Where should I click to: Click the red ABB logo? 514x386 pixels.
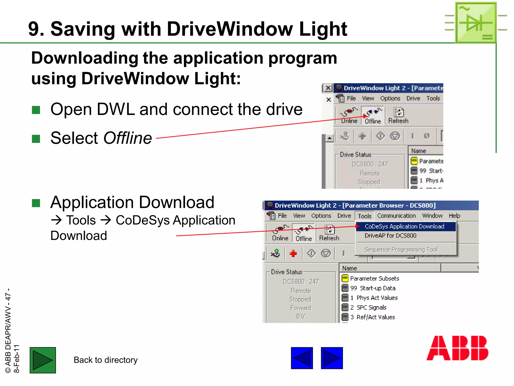pyautogui.click(x=457, y=348)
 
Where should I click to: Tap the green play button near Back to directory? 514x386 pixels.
pyautogui.click(x=43, y=360)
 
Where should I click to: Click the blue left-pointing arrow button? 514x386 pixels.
pyautogui.click(x=302, y=358)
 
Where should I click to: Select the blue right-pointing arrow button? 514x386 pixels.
pyautogui.click(x=332, y=358)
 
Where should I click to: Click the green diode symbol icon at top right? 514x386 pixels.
pyautogui.click(x=476, y=22)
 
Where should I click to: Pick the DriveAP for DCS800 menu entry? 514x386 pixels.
pyautogui.click(x=390, y=236)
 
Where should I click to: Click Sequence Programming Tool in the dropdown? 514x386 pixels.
pyautogui.click(x=401, y=250)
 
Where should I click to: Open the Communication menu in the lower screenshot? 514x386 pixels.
pyautogui.click(x=396, y=216)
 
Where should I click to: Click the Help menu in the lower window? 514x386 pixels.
pyautogui.click(x=454, y=216)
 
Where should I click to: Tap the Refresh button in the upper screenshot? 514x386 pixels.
pyautogui.click(x=398, y=116)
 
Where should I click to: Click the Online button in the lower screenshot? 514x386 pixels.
pyautogui.click(x=280, y=233)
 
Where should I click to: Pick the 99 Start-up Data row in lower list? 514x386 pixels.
pyautogui.click(x=373, y=288)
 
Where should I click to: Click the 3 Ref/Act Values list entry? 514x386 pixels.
pyautogui.click(x=372, y=317)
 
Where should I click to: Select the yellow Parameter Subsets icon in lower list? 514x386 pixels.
pyautogui.click(x=345, y=278)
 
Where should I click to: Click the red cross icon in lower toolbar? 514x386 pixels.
pyautogui.click(x=293, y=253)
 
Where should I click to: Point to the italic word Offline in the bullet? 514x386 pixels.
pyautogui.click(x=127, y=138)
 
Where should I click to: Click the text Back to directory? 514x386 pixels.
pyautogui.click(x=105, y=360)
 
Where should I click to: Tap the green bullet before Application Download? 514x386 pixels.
pyautogui.click(x=36, y=203)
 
